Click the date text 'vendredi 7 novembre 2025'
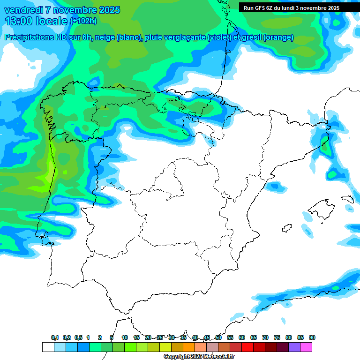(62, 10)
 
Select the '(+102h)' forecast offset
(83, 21)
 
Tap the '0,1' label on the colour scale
(55, 337)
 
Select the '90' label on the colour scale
(312, 337)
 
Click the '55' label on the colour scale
(230, 337)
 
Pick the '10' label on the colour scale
(125, 337)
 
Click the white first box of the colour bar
(48, 347)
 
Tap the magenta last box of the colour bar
(306, 347)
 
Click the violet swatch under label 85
(294, 347)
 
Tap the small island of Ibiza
(287, 228)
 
